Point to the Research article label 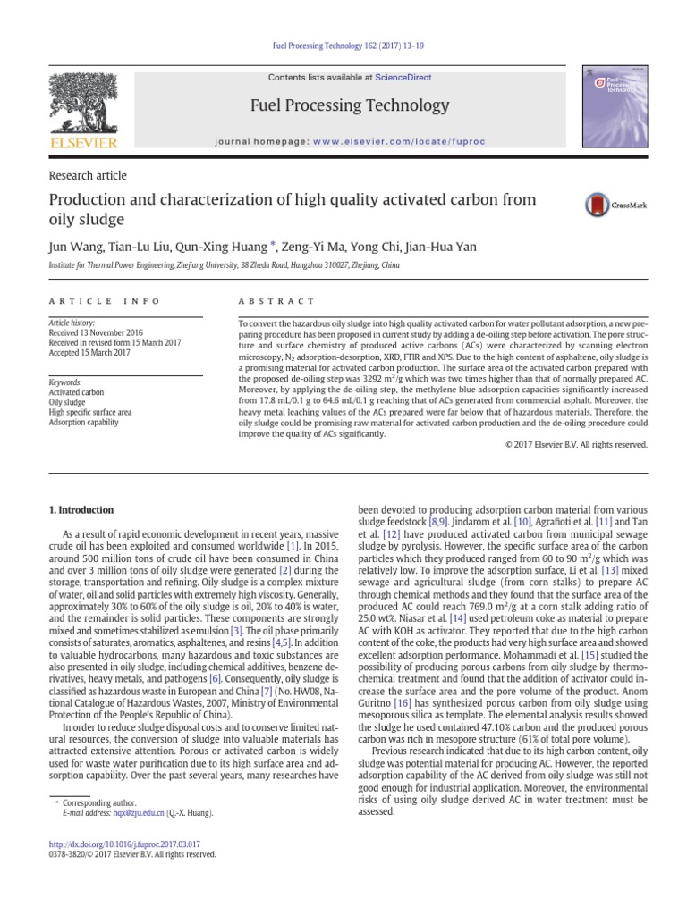87,175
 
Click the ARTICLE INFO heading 104,302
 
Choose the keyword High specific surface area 90,412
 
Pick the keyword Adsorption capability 83,423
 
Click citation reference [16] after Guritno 395,703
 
